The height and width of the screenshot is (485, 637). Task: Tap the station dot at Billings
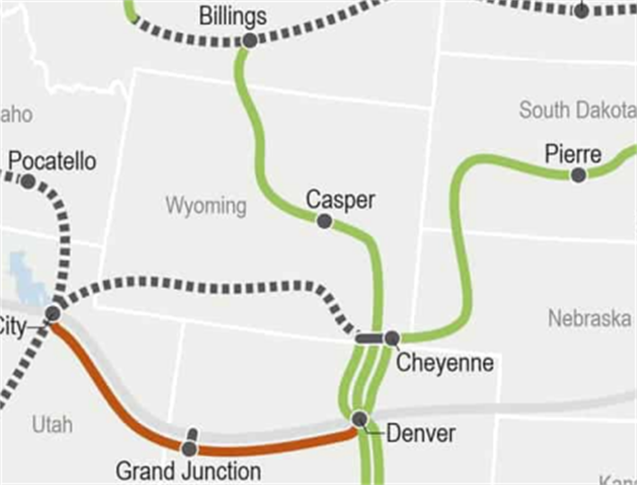pyautogui.click(x=249, y=40)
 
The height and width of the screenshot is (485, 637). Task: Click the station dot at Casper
pyautogui.click(x=324, y=221)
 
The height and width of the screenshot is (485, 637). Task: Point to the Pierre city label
pyautogui.click(x=573, y=155)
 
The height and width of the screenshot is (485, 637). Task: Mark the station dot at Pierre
pyautogui.click(x=578, y=175)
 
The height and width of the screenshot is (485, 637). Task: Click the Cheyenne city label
pyautogui.click(x=445, y=363)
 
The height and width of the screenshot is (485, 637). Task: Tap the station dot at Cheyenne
pyautogui.click(x=392, y=338)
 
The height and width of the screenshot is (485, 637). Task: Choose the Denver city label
pyautogui.click(x=420, y=434)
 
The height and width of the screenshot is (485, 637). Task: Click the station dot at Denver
pyautogui.click(x=360, y=419)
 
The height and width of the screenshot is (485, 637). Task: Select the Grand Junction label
pyautogui.click(x=188, y=471)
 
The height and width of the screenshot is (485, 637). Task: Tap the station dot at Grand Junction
pyautogui.click(x=189, y=449)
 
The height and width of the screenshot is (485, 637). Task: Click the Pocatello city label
pyautogui.click(x=53, y=161)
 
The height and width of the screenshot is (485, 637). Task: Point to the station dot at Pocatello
pyautogui.click(x=28, y=182)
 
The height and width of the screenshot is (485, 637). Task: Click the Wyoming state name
pyautogui.click(x=206, y=206)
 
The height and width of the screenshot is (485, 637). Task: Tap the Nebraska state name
pyautogui.click(x=589, y=318)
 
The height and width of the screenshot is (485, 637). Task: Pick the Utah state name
pyautogui.click(x=52, y=425)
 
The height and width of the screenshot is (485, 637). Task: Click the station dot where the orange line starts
pyautogui.click(x=53, y=313)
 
